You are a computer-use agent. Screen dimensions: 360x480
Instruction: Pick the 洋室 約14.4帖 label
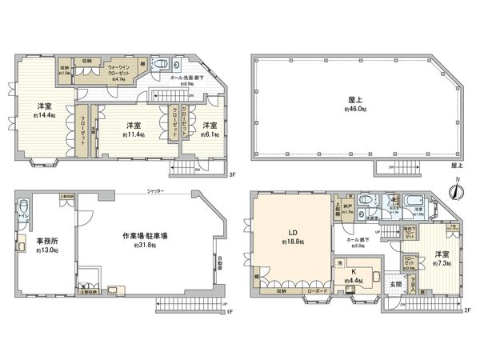[45, 110]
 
